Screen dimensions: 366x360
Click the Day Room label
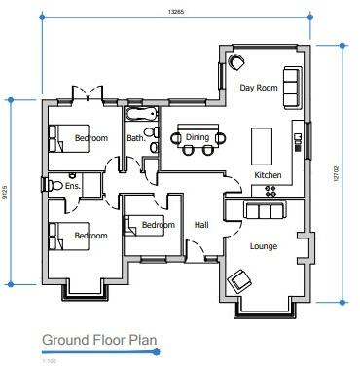[260, 88]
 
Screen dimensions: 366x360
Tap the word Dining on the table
[198, 137]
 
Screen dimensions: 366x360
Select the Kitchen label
[268, 174]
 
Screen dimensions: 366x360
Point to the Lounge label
[264, 246]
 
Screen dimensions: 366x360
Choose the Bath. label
[136, 138]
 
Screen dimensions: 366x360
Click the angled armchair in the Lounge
[238, 283]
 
